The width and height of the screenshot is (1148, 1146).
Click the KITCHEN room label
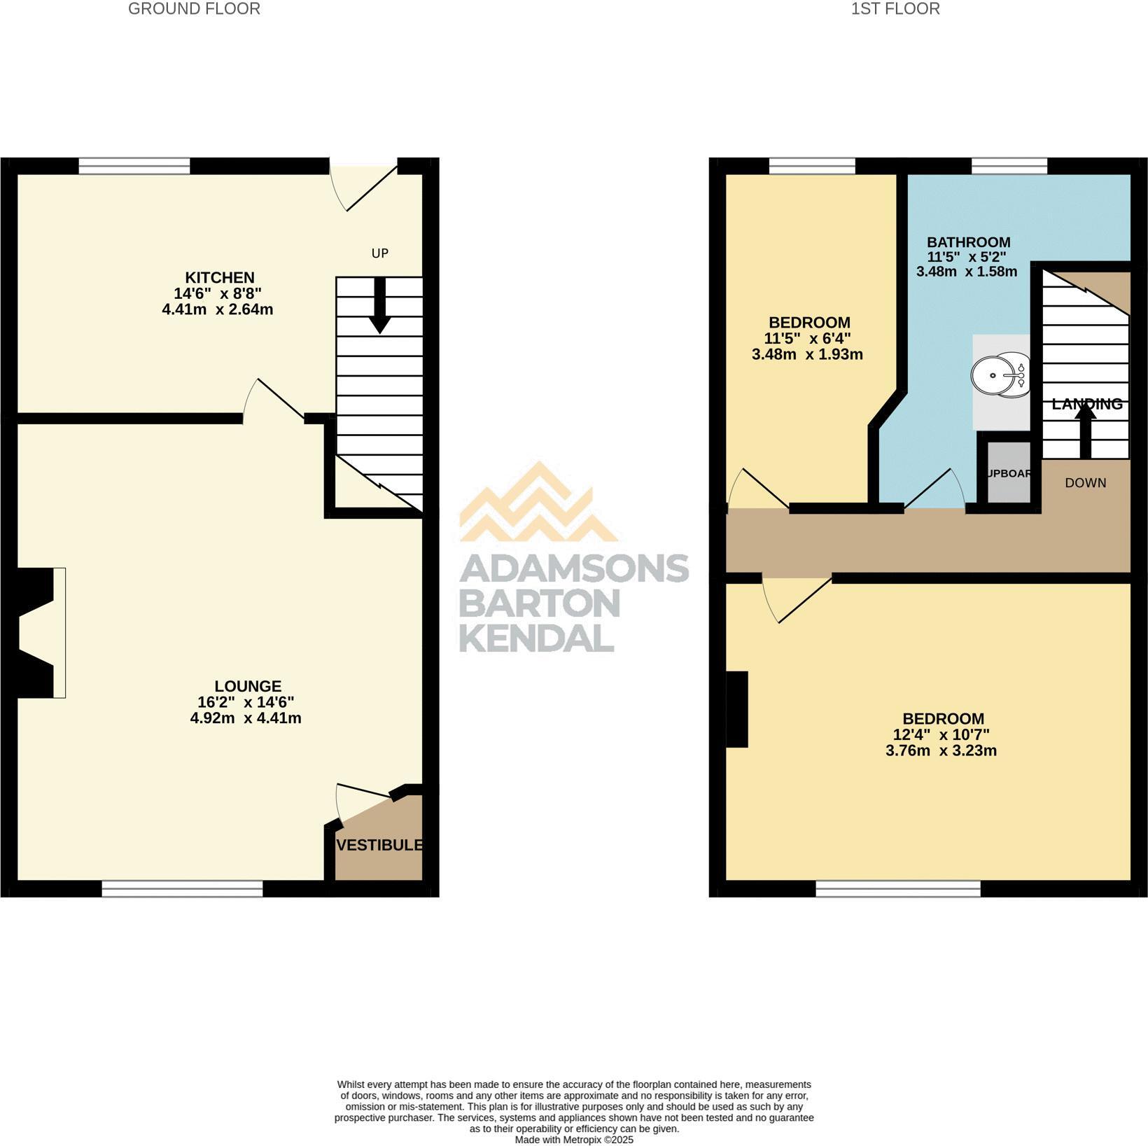click(219, 277)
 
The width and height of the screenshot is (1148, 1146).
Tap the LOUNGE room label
click(248, 686)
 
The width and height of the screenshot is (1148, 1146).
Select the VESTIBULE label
click(379, 845)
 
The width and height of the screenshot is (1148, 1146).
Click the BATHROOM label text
click(968, 242)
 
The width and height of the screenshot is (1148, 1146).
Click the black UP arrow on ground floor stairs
click(380, 305)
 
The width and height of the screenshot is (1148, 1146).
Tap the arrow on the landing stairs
click(1086, 432)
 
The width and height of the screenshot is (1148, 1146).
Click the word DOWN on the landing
click(1085, 483)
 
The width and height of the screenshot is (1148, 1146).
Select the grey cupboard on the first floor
click(1009, 473)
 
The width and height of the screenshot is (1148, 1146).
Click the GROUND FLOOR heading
click(194, 9)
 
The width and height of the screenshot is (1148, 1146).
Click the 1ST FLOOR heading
click(895, 9)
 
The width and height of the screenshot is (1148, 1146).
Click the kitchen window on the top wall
click(134, 166)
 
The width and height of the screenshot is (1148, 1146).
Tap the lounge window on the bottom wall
click(182, 888)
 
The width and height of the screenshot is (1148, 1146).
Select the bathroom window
click(1009, 166)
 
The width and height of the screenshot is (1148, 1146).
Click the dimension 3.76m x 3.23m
click(941, 750)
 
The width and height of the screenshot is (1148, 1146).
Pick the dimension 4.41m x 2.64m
click(217, 309)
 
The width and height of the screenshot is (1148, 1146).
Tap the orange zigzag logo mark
click(538, 504)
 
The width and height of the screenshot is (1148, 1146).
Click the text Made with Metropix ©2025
click(574, 1140)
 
